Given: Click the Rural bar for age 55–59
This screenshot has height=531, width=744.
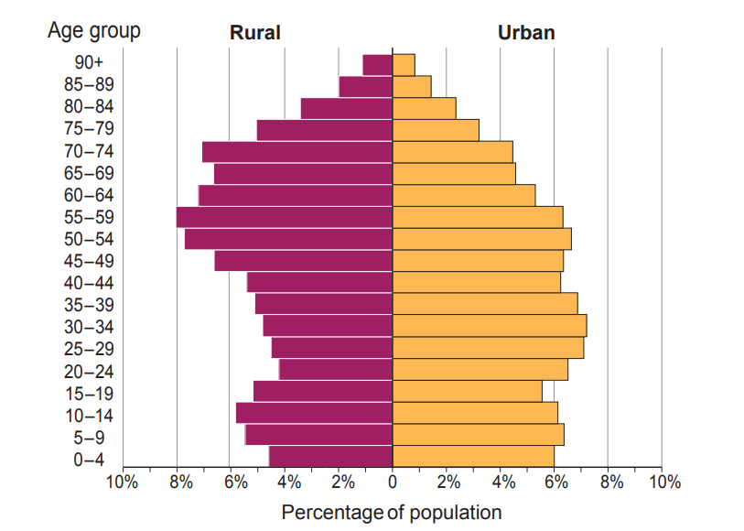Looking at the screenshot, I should [x=284, y=217].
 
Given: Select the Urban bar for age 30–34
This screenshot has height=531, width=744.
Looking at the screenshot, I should [x=489, y=326].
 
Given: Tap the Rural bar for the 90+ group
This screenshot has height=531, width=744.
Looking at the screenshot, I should [x=377, y=65].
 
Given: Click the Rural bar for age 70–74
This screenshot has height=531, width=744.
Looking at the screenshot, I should [x=297, y=152].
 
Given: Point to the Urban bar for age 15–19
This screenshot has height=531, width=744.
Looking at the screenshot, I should [x=467, y=392].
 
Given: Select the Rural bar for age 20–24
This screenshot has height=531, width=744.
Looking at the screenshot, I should [x=335, y=370].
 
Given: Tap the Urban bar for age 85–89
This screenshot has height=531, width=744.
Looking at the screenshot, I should [x=412, y=87].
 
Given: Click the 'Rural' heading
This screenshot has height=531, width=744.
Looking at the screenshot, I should [x=254, y=34].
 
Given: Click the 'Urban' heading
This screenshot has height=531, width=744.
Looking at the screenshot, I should [x=526, y=34].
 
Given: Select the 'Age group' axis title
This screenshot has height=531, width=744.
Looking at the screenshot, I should [x=94, y=31].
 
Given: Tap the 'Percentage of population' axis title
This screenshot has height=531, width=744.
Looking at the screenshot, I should [x=392, y=512].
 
